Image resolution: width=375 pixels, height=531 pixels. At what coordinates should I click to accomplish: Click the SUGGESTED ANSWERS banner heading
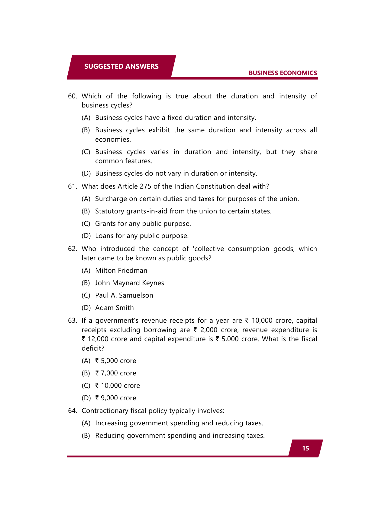pos(121,66)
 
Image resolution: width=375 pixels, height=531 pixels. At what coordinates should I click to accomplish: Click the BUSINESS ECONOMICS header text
pos(283,73)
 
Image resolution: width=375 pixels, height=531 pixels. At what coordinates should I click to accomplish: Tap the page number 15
pos(305,448)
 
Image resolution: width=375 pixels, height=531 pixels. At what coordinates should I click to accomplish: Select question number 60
pos(73,96)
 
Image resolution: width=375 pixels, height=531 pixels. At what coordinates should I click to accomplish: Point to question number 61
pos(73,186)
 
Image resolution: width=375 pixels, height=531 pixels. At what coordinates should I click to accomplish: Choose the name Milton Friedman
pos(121,271)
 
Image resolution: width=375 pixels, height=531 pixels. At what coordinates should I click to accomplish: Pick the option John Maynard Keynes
pos(129,283)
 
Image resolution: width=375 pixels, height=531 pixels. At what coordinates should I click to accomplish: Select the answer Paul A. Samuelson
pos(124,295)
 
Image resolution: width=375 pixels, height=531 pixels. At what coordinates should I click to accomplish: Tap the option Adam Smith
pos(114,308)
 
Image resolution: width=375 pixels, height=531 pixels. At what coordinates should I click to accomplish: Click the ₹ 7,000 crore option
pos(116,373)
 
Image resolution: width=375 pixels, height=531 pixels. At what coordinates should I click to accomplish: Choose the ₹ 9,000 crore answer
pos(116,398)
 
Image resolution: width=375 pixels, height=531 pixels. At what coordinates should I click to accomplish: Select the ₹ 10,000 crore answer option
pos(118,386)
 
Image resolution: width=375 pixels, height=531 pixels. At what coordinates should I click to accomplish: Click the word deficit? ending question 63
pos(93,348)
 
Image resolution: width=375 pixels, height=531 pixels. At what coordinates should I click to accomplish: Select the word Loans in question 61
pos(104,236)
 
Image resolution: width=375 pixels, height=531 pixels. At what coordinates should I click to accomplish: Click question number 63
pos(73,321)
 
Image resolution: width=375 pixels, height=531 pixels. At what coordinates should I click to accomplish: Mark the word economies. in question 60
pos(113,140)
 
